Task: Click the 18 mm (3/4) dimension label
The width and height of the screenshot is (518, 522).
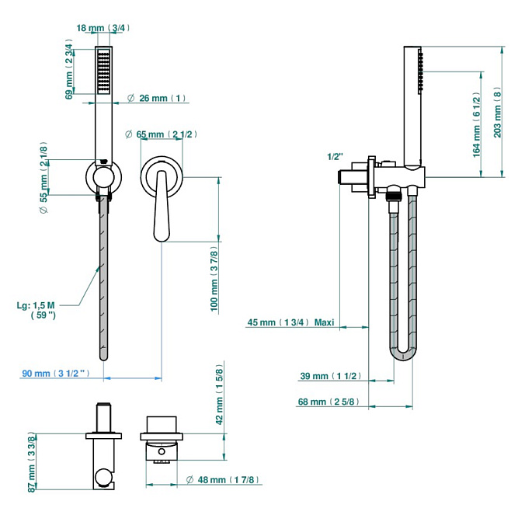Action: [103, 28]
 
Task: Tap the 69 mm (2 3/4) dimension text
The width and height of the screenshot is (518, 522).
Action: [69, 70]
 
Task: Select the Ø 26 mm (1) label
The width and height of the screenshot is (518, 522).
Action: [156, 98]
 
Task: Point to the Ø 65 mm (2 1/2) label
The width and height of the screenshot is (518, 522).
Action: [161, 134]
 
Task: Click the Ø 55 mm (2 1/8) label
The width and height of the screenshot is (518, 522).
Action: [43, 177]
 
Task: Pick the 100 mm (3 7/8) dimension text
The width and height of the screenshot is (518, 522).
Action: [214, 279]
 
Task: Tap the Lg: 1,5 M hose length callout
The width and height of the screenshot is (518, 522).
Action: [36, 310]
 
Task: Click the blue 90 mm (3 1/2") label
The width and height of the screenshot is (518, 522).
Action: [56, 373]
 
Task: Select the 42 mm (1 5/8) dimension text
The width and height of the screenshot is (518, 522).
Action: [219, 395]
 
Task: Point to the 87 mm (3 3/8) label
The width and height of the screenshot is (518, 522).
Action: [31, 461]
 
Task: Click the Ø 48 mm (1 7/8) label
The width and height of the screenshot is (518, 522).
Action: [222, 480]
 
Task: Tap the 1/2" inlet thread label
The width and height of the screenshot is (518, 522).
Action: [335, 156]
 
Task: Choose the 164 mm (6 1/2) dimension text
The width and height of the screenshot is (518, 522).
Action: [477, 124]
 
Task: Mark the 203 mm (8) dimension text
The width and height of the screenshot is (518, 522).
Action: [497, 113]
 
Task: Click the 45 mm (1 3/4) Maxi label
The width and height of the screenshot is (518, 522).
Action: [290, 322]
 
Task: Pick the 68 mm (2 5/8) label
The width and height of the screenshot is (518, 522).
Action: [329, 402]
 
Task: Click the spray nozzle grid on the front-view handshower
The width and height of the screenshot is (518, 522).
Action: [103, 71]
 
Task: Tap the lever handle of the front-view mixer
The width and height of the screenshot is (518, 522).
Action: [162, 206]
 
